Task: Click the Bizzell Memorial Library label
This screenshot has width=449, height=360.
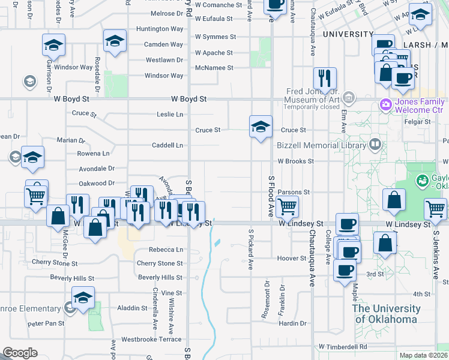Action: coord(321,145)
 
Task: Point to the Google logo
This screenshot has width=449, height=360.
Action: coord(20,353)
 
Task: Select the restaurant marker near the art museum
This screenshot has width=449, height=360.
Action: coord(325,79)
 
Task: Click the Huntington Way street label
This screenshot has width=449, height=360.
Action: coord(160,29)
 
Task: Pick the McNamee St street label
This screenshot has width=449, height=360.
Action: coord(214,68)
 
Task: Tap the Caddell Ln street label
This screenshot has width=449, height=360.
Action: coord(167,145)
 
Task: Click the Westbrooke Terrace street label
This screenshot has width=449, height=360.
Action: coord(151,339)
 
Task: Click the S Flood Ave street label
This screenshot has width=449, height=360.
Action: coord(271,196)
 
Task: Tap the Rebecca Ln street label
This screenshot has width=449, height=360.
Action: coord(168,250)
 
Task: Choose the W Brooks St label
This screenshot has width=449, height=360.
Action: coord(295,161)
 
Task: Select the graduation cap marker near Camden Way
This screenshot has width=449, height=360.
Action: coord(114,42)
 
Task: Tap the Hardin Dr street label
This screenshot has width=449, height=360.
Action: coord(293,323)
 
